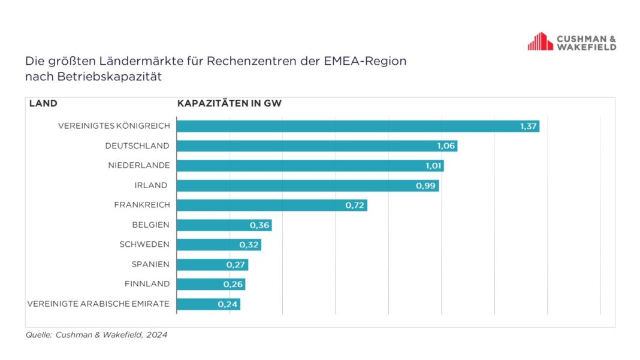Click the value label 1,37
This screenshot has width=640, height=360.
pyautogui.click(x=529, y=126)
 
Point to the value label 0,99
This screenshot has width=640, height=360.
pyautogui.click(x=425, y=186)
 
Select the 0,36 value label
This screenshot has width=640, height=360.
pyautogui.click(x=259, y=225)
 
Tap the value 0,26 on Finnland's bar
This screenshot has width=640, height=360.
pyautogui.click(x=233, y=285)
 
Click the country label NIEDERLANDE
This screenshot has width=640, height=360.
pyautogui.click(x=138, y=165)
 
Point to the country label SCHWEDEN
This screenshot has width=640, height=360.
pyautogui.click(x=144, y=244)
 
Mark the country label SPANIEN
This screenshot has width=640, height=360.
pyautogui.click(x=150, y=264)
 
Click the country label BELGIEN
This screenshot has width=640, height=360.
pyautogui.click(x=150, y=225)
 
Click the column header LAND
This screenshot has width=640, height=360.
pyautogui.click(x=43, y=104)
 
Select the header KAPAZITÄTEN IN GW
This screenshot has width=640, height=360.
pyautogui.click(x=230, y=104)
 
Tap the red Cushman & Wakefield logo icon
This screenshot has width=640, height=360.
pyautogui.click(x=540, y=42)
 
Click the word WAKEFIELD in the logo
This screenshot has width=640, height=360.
pyautogui.click(x=587, y=47)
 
